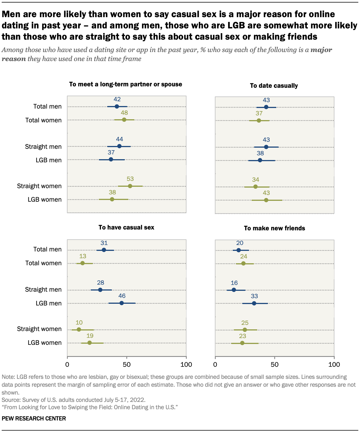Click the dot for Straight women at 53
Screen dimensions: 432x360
tap(130, 186)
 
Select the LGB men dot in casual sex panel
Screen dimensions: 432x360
tap(121, 303)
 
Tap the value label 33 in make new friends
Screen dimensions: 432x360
tap(254, 296)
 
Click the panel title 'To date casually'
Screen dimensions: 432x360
tap(274, 86)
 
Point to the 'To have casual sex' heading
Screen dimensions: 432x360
tap(126, 228)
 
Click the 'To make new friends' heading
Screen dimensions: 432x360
tap(274, 228)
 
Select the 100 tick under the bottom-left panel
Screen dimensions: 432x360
tap(186, 364)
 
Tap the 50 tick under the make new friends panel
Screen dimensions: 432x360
tap(274, 364)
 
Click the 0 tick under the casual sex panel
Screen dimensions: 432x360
tap(67, 364)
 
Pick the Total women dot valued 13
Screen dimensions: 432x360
tap(82, 263)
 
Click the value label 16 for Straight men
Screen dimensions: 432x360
tap(234, 283)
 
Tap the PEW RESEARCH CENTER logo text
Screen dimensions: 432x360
tap(34, 418)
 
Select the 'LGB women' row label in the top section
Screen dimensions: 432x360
tap(44, 200)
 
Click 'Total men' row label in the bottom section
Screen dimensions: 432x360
tap(47, 249)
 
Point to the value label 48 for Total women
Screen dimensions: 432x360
tap(124, 113)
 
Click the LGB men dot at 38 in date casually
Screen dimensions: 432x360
tap(260, 160)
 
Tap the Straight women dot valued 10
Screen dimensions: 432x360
tap(79, 329)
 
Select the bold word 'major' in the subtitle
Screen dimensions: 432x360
tap(321, 50)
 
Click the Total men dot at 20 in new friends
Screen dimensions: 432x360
tap(238, 250)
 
